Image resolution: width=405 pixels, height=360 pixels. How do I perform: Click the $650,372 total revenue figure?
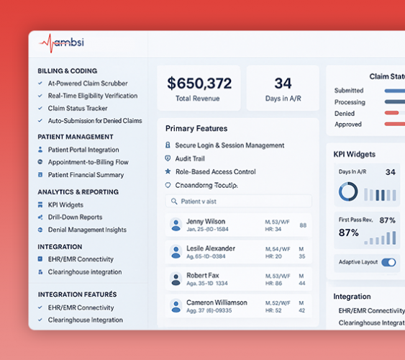tap(199, 84)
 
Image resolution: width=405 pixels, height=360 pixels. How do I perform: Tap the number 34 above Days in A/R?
tap(283, 84)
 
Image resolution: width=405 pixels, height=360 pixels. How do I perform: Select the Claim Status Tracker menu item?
tap(78, 108)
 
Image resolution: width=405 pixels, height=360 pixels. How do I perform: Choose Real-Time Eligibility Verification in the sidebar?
tap(92, 96)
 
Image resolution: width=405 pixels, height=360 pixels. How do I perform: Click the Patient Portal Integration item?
tap(83, 150)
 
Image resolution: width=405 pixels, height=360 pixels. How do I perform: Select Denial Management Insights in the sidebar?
tap(87, 230)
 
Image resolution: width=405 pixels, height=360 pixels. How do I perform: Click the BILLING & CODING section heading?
tap(68, 71)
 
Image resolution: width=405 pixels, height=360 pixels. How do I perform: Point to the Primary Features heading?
tap(196, 129)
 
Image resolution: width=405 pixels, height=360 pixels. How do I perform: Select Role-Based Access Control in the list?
tap(215, 171)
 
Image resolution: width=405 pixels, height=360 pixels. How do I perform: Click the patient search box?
tap(238, 202)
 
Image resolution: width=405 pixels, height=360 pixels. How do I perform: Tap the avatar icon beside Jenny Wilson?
tap(176, 225)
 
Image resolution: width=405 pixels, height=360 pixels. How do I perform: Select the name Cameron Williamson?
tap(217, 302)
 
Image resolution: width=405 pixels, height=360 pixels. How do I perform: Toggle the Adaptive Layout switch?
tap(388, 262)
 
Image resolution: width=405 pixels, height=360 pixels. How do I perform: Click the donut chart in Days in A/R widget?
tap(348, 192)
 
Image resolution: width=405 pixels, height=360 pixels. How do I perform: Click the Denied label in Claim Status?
tap(345, 113)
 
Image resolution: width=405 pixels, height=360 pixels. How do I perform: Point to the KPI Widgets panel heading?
tap(354, 154)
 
